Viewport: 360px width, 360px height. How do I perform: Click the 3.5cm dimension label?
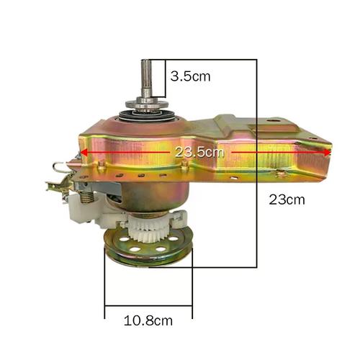tap(190, 76)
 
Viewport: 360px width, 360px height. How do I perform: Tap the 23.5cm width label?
tap(199, 152)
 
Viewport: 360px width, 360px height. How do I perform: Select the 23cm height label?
tap(287, 199)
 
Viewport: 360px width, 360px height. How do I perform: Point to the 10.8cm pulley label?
tap(148, 320)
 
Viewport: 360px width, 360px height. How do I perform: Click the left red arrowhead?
tap(84, 152)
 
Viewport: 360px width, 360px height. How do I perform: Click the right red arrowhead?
tap(328, 153)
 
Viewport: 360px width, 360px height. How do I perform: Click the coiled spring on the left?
tap(87, 197)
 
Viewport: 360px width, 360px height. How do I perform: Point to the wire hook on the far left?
tap(60, 167)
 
